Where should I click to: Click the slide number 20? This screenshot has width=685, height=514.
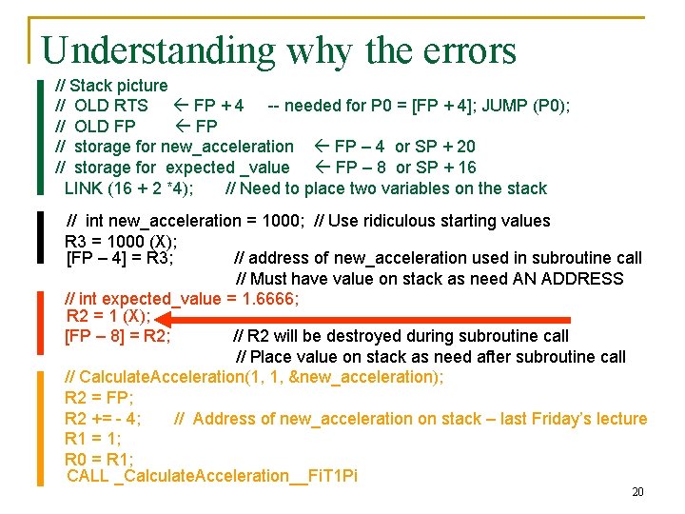[637, 492]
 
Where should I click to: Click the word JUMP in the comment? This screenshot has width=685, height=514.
[506, 105]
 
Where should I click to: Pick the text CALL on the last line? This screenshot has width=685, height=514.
[88, 475]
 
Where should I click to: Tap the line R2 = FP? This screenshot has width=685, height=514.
[99, 398]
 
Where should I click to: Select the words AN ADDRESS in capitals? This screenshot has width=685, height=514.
[570, 279]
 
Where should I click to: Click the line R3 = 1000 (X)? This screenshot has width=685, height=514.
[121, 240]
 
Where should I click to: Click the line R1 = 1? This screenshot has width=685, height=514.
[92, 439]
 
